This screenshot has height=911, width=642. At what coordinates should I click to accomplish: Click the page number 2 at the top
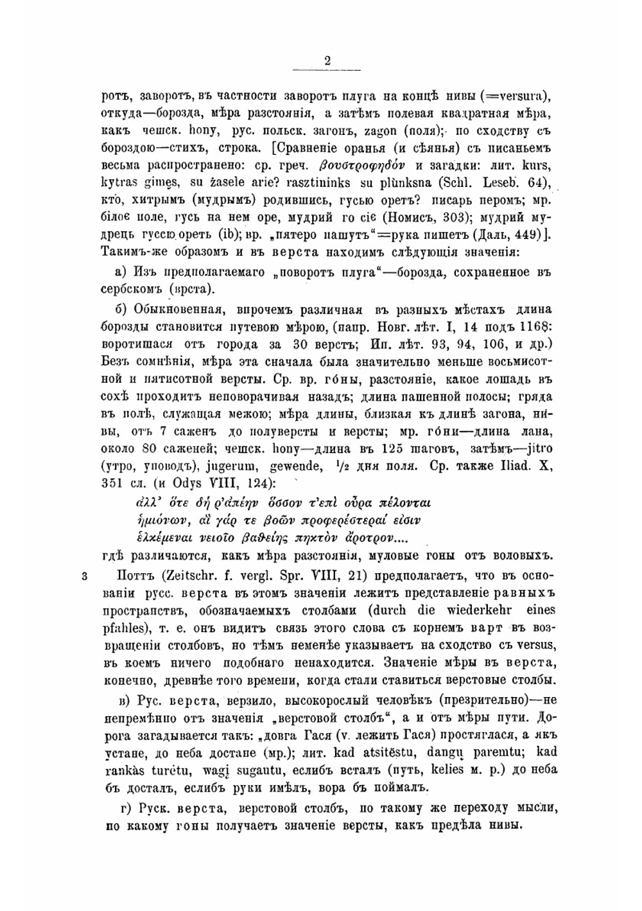(327, 62)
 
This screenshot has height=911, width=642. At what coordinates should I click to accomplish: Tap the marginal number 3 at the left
(84, 575)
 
